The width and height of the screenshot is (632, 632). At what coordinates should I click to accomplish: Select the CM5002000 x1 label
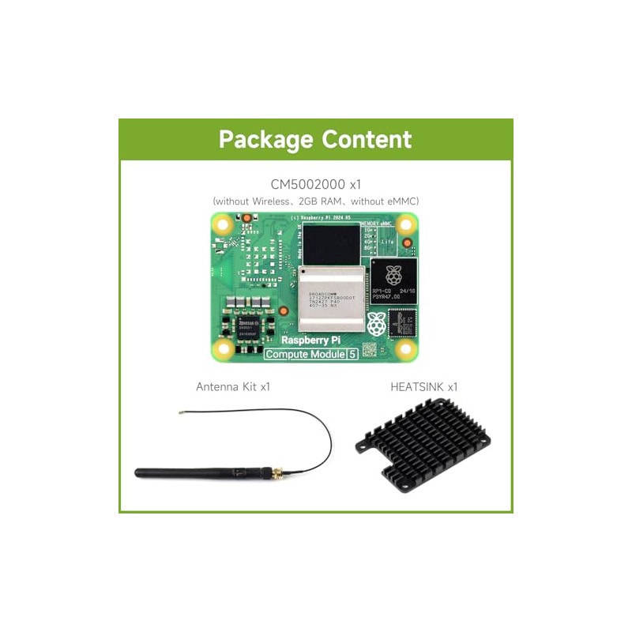click(316, 184)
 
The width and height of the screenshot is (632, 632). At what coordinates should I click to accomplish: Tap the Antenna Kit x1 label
click(238, 387)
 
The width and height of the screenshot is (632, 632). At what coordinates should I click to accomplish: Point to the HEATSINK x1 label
click(423, 387)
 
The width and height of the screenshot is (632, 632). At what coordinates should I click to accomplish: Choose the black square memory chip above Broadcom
click(331, 243)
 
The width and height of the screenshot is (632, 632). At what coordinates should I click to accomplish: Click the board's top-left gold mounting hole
click(224, 224)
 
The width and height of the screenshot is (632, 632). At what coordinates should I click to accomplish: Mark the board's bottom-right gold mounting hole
click(406, 348)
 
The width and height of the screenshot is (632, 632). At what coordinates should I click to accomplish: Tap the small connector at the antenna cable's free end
click(182, 412)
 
